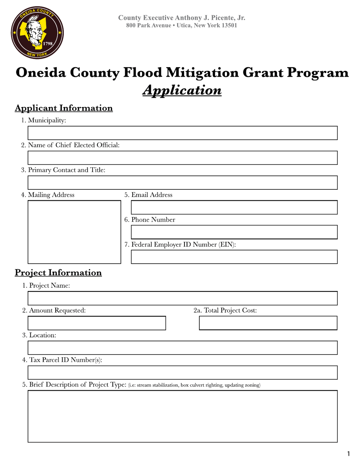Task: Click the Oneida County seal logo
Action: click(x=37, y=33)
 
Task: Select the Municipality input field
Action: click(x=182, y=133)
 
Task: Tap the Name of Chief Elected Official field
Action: click(x=182, y=158)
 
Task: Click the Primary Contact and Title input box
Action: click(x=182, y=183)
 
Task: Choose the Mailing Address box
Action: click(x=74, y=232)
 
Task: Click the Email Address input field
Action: click(x=234, y=208)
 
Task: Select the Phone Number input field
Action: click(x=234, y=232)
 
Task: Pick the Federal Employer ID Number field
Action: click(x=234, y=257)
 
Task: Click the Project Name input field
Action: click(x=182, y=298)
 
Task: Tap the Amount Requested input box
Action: click(x=97, y=323)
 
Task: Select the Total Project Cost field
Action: click(x=268, y=323)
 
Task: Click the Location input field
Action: click(x=182, y=348)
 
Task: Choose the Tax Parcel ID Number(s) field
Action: click(x=182, y=373)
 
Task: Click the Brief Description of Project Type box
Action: click(x=182, y=416)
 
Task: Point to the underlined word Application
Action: click(x=182, y=91)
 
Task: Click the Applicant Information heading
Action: click(x=64, y=108)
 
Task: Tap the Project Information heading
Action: click(x=58, y=273)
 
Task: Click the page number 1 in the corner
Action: click(x=348, y=454)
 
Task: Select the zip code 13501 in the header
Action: click(x=229, y=25)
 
